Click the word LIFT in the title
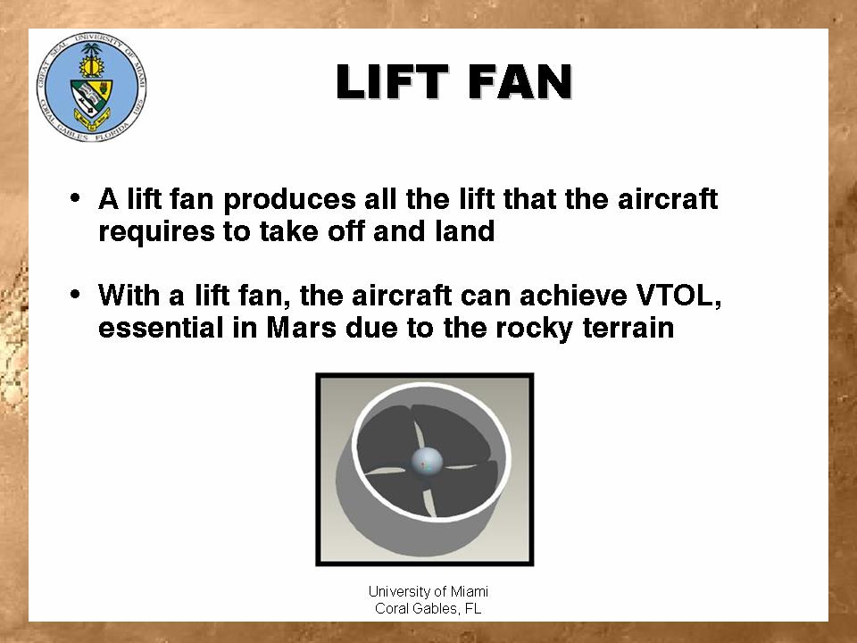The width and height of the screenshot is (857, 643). point(393,82)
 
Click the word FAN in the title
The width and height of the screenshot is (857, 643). point(520,82)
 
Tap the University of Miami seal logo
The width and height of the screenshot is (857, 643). point(91,87)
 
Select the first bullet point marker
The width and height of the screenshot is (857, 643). point(75,197)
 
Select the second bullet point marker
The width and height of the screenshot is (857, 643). point(75,295)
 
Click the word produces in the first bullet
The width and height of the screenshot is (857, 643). point(289,200)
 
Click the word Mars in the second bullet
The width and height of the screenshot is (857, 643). point(301,328)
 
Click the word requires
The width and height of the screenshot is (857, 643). point(157,232)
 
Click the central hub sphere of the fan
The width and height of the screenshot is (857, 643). point(427,462)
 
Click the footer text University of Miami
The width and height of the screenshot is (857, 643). point(428,591)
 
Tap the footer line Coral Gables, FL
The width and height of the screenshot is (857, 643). point(428,608)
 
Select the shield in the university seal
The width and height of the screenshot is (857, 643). point(91,99)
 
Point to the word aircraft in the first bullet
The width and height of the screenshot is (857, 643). point(668,198)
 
